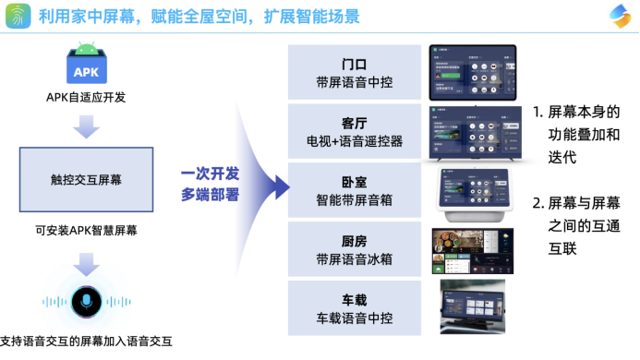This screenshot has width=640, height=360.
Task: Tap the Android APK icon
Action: [x=86, y=64]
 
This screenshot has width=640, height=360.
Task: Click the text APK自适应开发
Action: [x=86, y=98]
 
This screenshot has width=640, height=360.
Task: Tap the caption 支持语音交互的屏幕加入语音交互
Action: [x=86, y=342]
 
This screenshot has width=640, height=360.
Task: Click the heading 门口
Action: [x=354, y=65]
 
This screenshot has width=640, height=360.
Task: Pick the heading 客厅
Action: [x=354, y=124]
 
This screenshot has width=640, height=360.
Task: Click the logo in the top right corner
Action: [x=618, y=17]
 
